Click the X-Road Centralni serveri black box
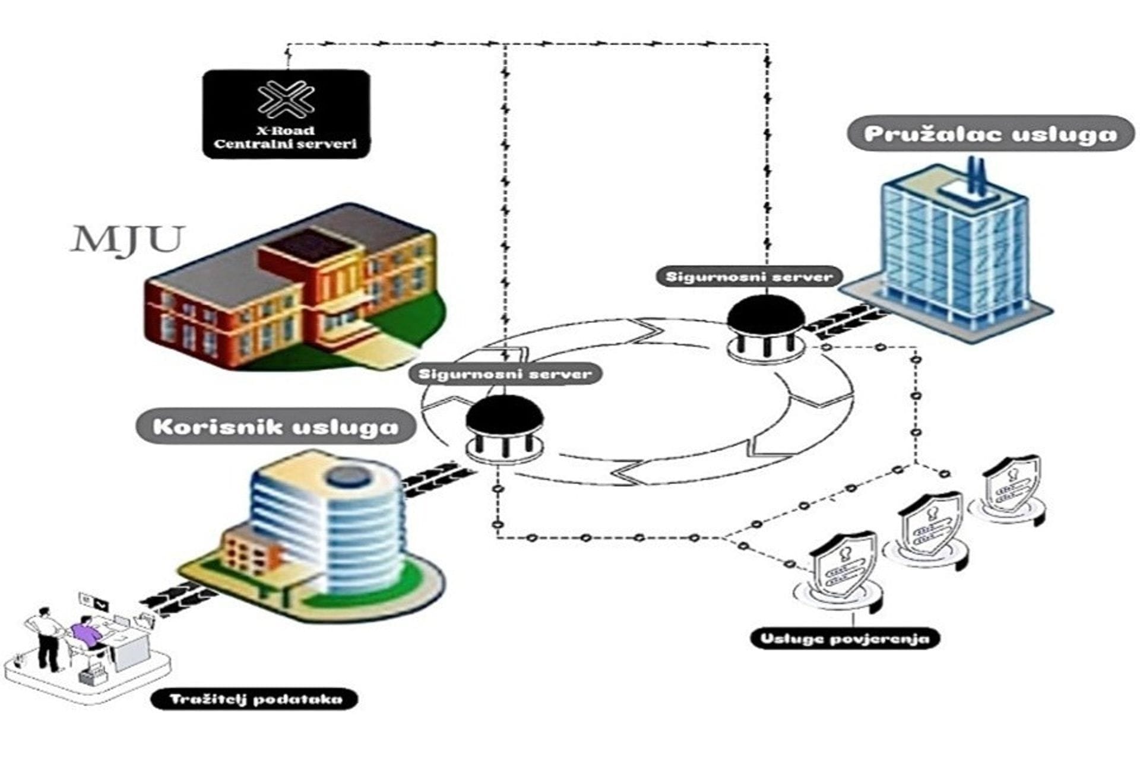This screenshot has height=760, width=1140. [x=286, y=114]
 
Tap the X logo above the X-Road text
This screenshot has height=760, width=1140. [x=287, y=99]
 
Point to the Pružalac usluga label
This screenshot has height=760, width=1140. [x=990, y=134]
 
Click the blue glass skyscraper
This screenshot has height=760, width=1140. [x=950, y=249]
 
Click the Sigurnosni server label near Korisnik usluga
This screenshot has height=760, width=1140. [x=505, y=374]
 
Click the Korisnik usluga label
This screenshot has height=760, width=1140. [x=276, y=426]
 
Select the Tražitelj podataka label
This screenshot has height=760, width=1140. [x=256, y=699]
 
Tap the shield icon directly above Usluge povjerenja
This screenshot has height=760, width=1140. [x=843, y=567]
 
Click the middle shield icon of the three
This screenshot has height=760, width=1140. [x=929, y=525]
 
